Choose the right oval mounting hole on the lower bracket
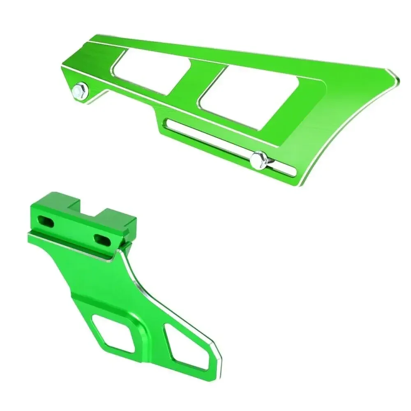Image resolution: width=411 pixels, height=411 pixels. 101,238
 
